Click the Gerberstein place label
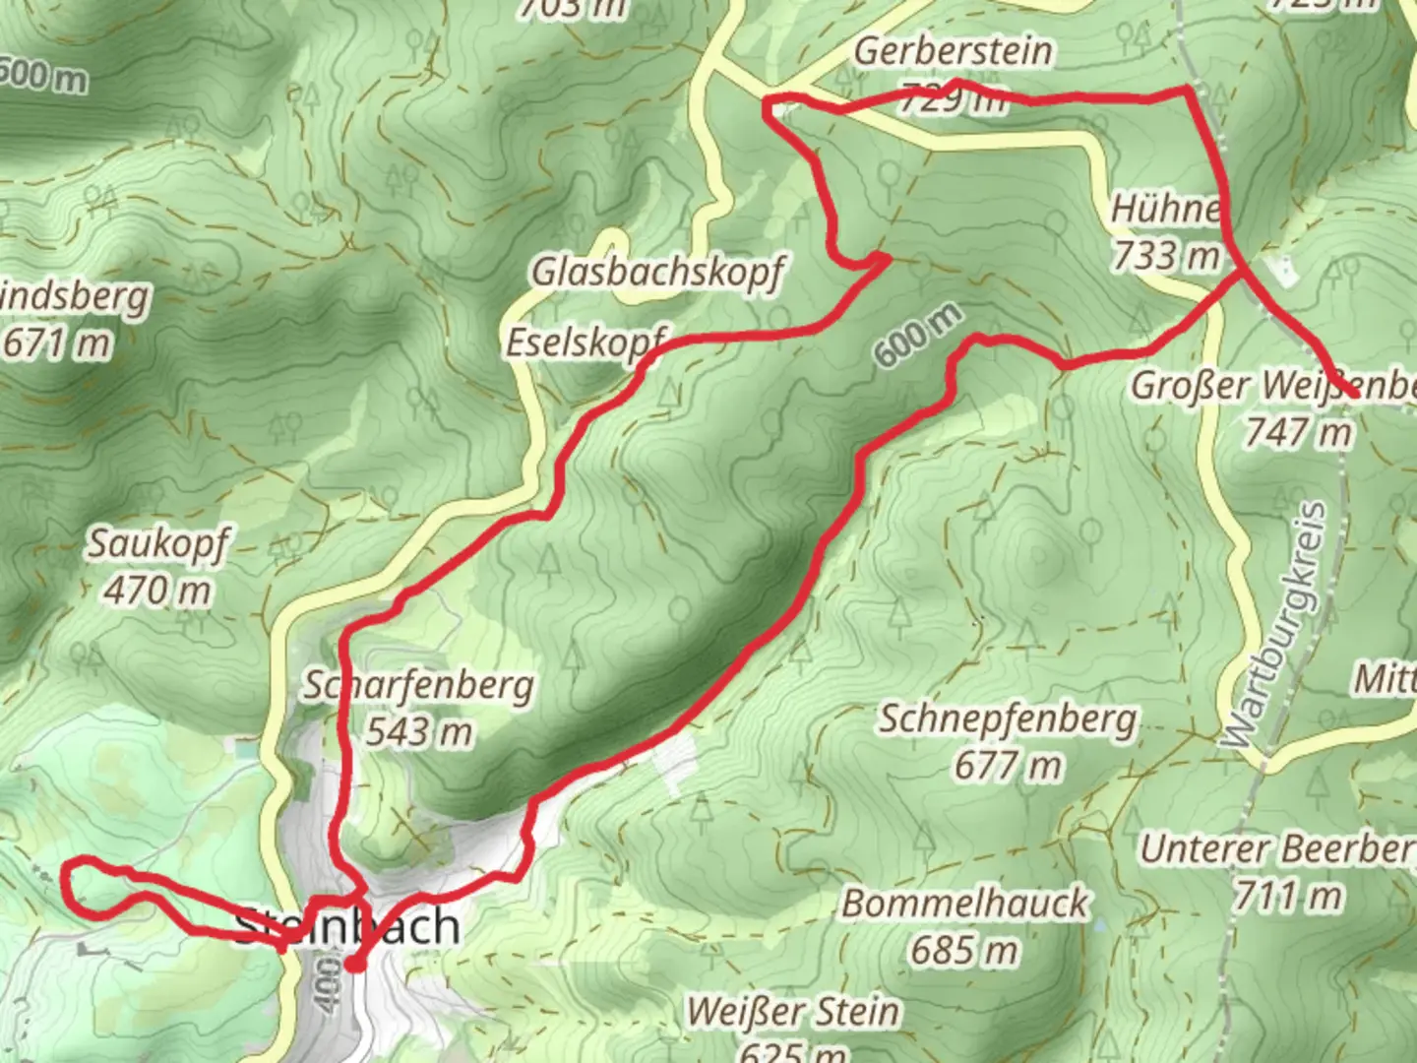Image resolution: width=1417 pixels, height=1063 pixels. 952,51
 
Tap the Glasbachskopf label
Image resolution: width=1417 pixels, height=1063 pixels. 657,272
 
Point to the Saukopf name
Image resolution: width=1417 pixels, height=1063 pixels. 158,543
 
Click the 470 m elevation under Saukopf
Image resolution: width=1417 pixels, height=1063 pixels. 157,591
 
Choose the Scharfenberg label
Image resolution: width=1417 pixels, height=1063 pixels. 418,685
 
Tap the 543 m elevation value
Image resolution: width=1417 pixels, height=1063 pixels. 419,732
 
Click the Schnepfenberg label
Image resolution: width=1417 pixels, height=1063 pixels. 1008,719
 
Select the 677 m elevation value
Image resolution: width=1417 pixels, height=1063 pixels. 1008,765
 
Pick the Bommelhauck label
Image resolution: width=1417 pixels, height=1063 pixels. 964,904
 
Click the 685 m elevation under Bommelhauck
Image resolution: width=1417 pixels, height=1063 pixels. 964,950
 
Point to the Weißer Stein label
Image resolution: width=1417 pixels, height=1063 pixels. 793,1011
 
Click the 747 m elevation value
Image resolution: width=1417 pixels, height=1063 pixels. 1298,431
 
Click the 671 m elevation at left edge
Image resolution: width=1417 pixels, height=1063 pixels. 57,344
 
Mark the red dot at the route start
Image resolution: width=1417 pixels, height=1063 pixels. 354,964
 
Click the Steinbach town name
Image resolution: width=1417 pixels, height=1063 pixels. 348,927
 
